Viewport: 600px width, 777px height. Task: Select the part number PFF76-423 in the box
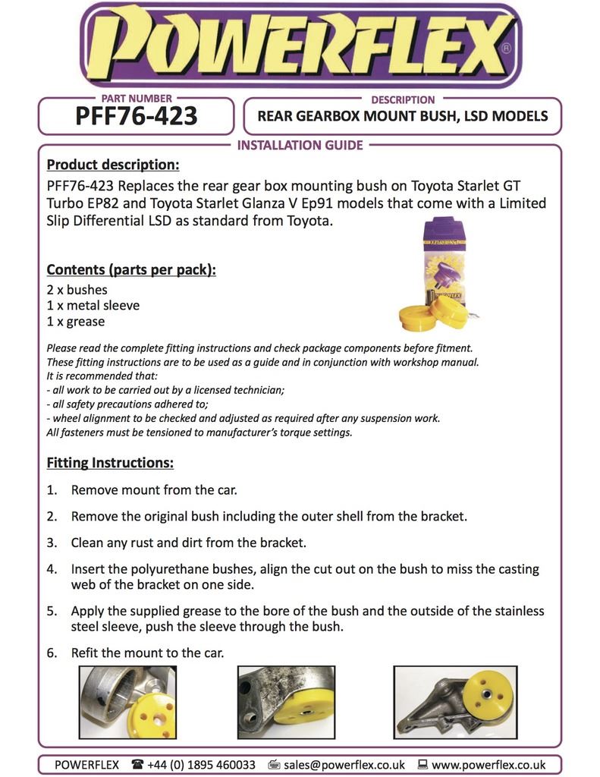(137, 116)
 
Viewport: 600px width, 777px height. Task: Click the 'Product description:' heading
(113, 165)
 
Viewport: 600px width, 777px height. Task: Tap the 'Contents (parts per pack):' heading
(131, 269)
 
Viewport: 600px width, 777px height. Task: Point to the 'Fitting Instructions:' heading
(110, 462)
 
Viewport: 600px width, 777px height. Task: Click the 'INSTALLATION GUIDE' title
(300, 145)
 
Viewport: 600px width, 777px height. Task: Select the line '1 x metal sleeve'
(93, 306)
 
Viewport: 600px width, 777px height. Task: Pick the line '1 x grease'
(76, 322)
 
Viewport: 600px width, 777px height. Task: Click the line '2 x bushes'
(77, 290)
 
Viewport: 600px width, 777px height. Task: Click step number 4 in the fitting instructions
(52, 568)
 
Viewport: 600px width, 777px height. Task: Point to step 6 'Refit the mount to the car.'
(147, 653)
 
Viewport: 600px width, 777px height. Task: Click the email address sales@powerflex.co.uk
(344, 765)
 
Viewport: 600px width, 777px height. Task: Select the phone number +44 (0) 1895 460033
(201, 765)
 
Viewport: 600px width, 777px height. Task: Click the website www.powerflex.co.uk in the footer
(488, 765)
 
